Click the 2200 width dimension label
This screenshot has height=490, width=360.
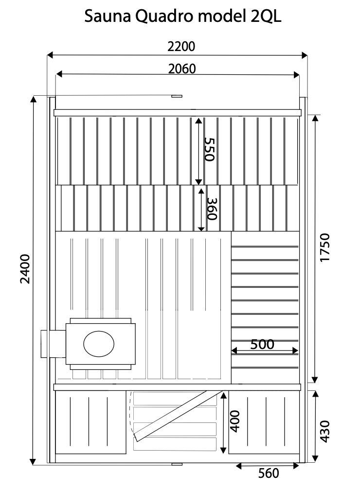tap(181, 47)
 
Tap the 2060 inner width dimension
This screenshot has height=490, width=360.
tap(182, 69)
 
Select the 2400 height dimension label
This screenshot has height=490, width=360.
tap(25, 269)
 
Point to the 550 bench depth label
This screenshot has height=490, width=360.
tap(209, 149)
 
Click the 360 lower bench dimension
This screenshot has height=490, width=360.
tap(212, 209)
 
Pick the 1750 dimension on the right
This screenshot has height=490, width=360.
tap(325, 247)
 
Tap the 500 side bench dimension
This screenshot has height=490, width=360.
tap(262, 344)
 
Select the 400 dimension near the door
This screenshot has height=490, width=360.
tap(234, 421)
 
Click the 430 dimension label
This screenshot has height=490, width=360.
tap(325, 432)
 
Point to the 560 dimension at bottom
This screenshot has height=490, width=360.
tap(269, 473)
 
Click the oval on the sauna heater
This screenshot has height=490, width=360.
tap(99, 344)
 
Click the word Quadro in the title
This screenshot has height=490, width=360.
tap(165, 16)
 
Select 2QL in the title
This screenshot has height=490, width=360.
tap(266, 16)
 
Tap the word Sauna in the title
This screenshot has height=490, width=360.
tap(108, 16)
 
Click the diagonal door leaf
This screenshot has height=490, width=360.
tap(179, 416)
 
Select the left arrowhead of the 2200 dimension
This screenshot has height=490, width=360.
tap(50, 55)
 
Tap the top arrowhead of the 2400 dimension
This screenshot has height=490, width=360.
tap(33, 99)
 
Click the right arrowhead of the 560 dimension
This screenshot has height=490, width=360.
tap(296, 466)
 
